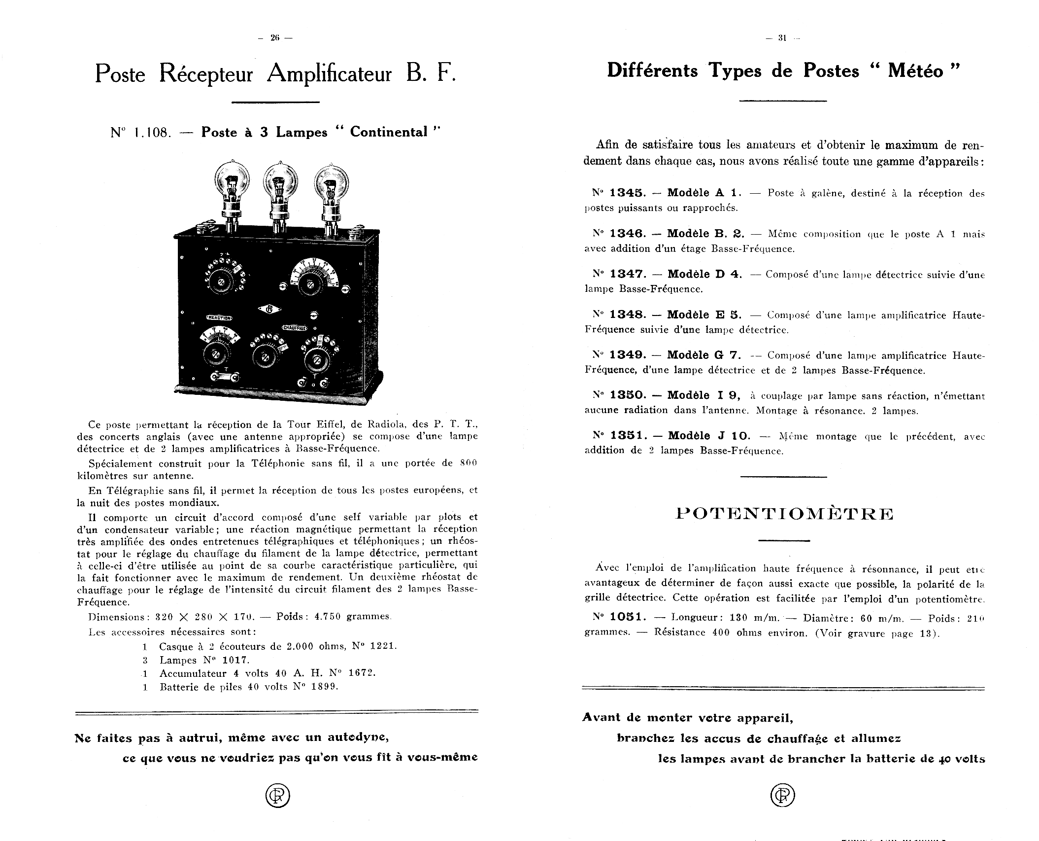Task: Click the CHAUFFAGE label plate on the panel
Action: [x=295, y=328]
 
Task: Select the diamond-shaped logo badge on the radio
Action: [x=269, y=309]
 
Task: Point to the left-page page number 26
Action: [x=275, y=38]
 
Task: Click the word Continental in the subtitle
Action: [x=389, y=132]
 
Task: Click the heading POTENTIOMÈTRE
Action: [x=784, y=514]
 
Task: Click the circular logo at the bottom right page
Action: [x=782, y=795]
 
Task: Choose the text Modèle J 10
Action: [x=709, y=436]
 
